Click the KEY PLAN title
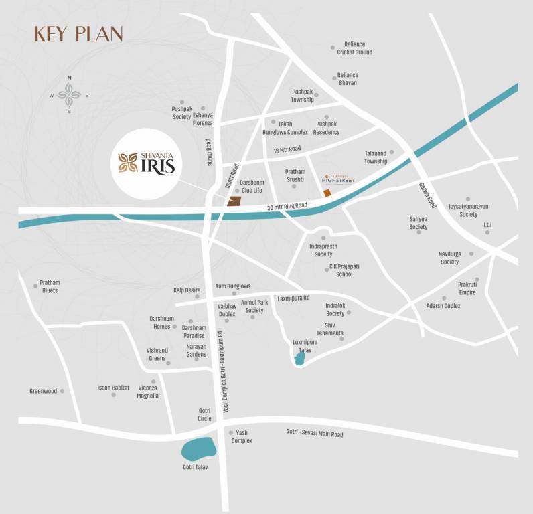(78, 33)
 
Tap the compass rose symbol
(69, 95)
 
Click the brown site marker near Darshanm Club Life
(234, 201)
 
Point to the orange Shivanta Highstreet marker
(327, 193)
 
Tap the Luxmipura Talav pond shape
(300, 359)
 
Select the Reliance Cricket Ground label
(354, 48)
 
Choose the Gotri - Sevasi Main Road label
(314, 434)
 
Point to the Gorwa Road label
(427, 195)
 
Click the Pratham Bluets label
(50, 286)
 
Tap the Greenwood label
(43, 391)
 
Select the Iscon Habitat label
(113, 388)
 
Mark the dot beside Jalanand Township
(392, 152)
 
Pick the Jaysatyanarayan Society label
(468, 211)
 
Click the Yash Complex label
(242, 437)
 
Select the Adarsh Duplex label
(443, 306)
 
